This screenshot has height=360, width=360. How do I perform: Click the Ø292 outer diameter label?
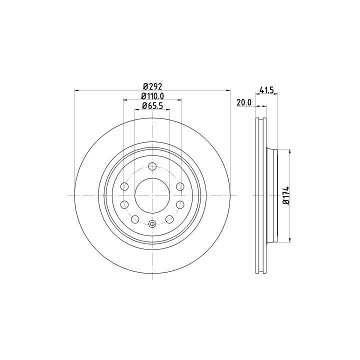pyautogui.click(x=152, y=86)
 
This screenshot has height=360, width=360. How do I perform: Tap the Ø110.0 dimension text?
pyautogui.click(x=152, y=96)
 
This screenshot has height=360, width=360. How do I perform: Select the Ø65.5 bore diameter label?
pyautogui.click(x=152, y=105)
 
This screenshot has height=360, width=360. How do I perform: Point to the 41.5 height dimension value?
pyautogui.click(x=267, y=90)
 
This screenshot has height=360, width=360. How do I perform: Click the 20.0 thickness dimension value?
pyautogui.click(x=244, y=102)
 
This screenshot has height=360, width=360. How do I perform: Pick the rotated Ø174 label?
pyautogui.click(x=286, y=195)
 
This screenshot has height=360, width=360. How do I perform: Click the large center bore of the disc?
pyautogui.click(x=152, y=195)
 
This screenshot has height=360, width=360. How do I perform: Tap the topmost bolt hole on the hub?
pyautogui.click(x=152, y=166)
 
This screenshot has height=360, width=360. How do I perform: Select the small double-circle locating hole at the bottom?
pyautogui.click(x=152, y=223)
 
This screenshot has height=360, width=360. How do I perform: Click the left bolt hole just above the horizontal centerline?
pyautogui.click(x=124, y=186)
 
